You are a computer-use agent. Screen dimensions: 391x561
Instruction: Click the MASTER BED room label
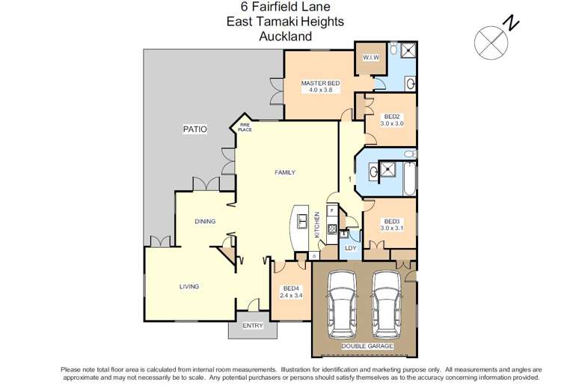point(320,83)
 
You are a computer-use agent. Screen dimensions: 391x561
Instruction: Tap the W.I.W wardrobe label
point(370,58)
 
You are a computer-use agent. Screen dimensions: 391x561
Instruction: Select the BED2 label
point(391,117)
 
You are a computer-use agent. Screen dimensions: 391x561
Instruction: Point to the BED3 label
point(391,222)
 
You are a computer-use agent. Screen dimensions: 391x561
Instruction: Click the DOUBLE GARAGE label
point(367,346)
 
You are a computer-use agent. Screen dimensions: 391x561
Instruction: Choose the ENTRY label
point(253,326)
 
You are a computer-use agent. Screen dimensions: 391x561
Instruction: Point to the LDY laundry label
point(350,247)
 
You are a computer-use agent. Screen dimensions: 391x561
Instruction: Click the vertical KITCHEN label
point(317,224)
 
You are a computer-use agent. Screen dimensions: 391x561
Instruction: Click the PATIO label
point(194,130)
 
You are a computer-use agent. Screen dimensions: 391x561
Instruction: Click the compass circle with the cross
point(489,42)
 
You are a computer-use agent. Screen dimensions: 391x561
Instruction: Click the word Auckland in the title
point(285,35)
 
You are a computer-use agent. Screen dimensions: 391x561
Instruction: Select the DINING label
point(205,221)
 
